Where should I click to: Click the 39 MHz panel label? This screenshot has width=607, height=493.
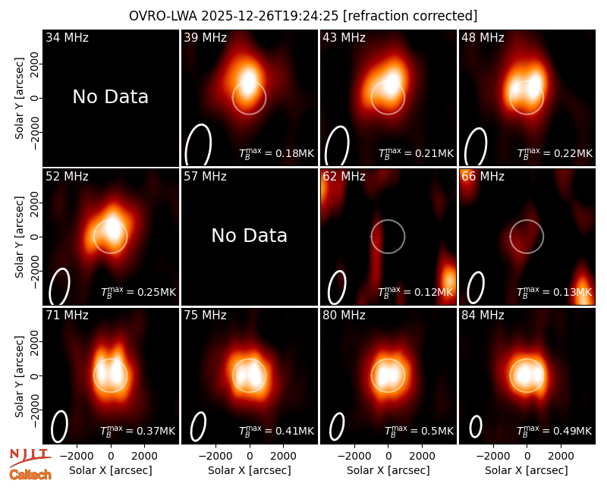[205, 37]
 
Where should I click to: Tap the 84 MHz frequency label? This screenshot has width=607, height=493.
[483, 316]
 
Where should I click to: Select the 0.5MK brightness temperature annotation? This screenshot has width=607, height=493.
[420, 430]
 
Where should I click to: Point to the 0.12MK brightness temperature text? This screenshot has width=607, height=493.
[415, 291]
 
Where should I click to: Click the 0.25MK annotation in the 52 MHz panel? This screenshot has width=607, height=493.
[138, 291]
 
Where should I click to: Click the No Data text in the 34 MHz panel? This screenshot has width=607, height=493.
[110, 97]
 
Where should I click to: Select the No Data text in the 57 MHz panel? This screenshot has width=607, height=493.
[250, 236]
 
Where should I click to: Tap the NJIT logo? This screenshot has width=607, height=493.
[30, 457]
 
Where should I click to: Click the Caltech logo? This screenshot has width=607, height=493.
[30, 475]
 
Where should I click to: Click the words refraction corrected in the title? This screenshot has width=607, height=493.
[410, 16]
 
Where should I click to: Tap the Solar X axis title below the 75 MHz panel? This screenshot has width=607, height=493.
[250, 470]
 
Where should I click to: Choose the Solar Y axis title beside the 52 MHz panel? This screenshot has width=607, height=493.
[19, 237]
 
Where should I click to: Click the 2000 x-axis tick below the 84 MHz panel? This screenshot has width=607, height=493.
[561, 456]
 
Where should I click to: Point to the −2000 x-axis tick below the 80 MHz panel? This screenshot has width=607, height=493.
[354, 456]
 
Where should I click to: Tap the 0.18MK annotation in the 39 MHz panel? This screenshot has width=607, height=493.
[276, 153]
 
